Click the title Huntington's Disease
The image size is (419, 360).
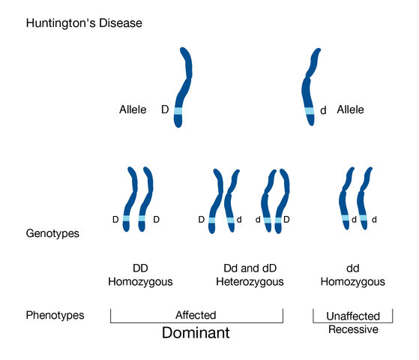(84, 23)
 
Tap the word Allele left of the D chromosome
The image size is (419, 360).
(133, 109)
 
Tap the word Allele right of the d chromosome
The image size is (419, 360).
(350, 109)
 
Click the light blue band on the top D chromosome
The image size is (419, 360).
(178, 111)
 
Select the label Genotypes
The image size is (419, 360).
(52, 233)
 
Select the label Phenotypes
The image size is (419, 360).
(55, 316)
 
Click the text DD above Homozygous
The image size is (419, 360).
(140, 268)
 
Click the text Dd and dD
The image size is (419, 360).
(250, 268)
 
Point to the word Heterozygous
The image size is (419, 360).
(250, 282)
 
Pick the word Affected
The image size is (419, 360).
(196, 315)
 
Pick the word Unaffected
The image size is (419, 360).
(353, 316)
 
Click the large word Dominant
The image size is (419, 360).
(196, 333)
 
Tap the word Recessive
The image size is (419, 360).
(353, 329)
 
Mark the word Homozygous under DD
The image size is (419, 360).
(140, 282)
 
